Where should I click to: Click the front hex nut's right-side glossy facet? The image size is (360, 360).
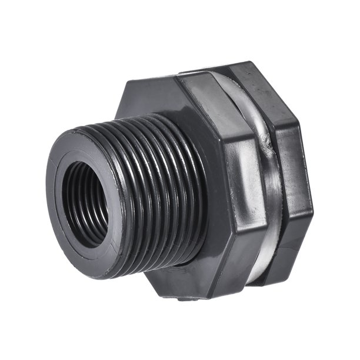click(x=238, y=194)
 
